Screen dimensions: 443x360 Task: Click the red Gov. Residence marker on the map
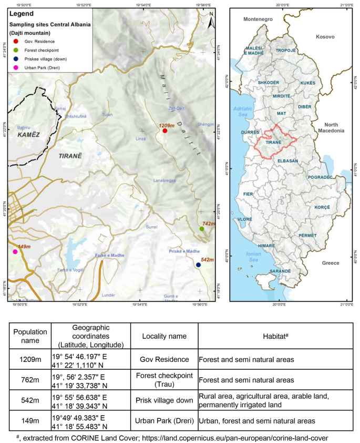[165, 130]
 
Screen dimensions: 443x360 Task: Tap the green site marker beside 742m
[202, 229]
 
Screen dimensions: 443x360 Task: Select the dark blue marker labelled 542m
[198, 265]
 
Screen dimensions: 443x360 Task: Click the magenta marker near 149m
[15, 252]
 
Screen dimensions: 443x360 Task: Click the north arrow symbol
[210, 21]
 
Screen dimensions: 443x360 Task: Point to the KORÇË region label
[322, 207]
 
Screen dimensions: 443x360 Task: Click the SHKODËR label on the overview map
[268, 83]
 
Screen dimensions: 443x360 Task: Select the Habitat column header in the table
[275, 334]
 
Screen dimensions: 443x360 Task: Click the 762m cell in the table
[30, 381]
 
